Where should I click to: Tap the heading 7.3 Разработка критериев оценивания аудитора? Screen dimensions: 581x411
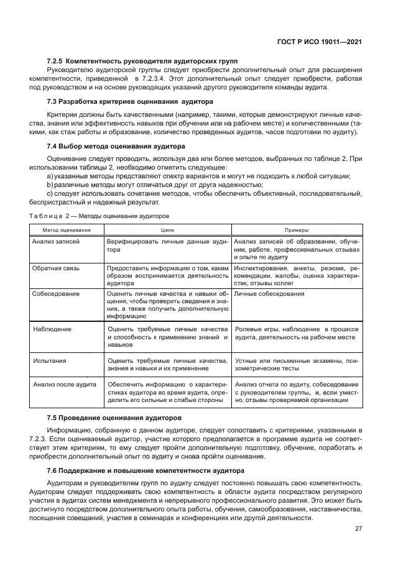[130, 101]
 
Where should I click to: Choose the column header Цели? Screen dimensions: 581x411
[167, 229]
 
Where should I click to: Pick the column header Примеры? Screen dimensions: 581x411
[296, 229]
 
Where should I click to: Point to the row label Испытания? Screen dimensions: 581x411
[50, 359]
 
